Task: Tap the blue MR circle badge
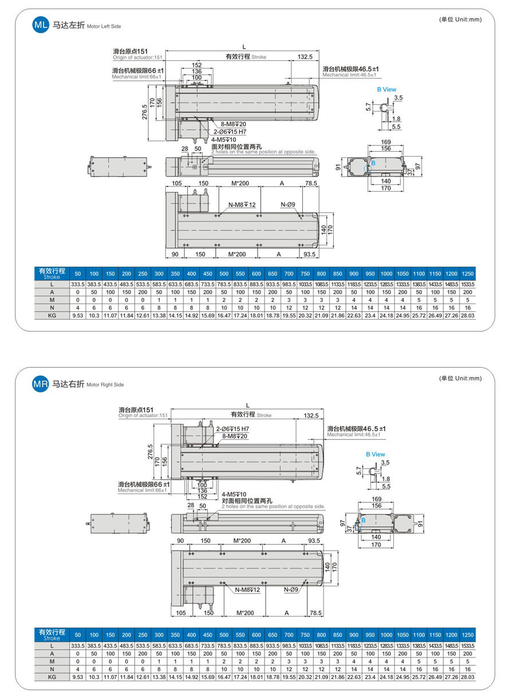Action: [41, 384]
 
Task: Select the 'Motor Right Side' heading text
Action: [105, 386]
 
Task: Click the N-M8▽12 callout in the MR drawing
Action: [247, 590]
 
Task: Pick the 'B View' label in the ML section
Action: [386, 89]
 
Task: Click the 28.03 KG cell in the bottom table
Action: [468, 677]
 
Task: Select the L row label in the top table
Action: [52, 284]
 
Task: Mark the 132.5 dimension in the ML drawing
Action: [305, 57]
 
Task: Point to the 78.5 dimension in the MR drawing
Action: [315, 613]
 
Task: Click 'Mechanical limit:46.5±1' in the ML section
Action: [349, 75]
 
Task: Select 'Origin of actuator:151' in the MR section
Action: [143, 416]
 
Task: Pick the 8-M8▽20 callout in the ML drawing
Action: [234, 124]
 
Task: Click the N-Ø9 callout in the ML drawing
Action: [287, 204]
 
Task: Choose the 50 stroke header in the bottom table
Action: [78, 635]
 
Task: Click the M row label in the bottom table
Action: [52, 661]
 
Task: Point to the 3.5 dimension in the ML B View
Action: [398, 98]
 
